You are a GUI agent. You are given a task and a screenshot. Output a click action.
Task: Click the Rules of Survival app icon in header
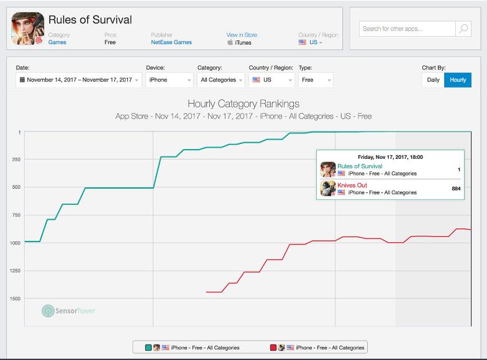27,29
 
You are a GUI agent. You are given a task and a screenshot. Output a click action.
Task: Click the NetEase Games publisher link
171,42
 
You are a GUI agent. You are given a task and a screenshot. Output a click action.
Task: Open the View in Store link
242,35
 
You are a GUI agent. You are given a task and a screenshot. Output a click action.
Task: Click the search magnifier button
463,29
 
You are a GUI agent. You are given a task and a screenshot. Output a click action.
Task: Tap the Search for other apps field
407,29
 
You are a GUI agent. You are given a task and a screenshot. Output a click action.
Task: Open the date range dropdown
79,80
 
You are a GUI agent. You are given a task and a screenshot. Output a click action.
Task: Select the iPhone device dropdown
170,80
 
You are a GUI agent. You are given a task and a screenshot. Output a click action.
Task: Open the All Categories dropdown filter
220,80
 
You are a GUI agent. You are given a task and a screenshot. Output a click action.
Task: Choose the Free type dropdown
316,80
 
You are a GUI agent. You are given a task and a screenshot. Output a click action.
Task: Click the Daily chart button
433,80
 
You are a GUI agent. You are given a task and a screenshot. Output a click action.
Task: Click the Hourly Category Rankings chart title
243,104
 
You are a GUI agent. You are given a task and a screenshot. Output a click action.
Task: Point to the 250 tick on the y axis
16,160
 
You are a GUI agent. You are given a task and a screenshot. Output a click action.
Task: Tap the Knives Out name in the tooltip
352,186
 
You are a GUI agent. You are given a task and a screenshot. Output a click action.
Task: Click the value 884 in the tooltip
456,189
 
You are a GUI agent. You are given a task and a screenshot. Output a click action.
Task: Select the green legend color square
148,348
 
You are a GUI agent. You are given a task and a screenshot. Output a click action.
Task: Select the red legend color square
273,348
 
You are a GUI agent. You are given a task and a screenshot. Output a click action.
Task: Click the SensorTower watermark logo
68,310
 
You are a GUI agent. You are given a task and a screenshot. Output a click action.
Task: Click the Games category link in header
57,42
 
